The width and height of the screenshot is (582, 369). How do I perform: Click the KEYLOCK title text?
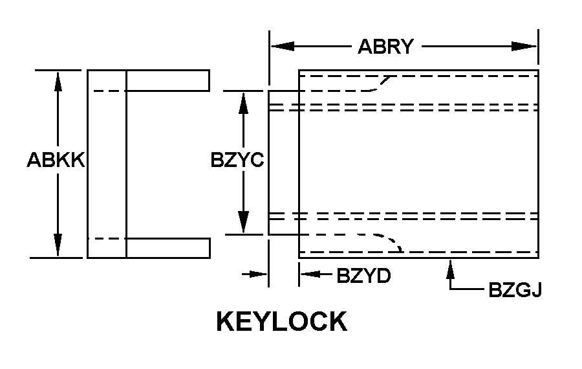point(282,322)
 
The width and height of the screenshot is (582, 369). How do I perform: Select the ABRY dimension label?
point(385,47)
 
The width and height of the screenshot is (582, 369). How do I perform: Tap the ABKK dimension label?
point(56,160)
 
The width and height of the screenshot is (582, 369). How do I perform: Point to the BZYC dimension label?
point(237,160)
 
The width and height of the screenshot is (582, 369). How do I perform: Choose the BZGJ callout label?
point(515,290)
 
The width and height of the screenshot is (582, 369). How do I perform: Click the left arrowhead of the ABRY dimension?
point(282,47)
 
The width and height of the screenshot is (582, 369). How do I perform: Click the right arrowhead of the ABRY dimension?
point(525,47)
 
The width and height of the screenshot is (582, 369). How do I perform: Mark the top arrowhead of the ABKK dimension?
point(58,81)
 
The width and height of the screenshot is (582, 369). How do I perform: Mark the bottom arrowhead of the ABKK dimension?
point(58,246)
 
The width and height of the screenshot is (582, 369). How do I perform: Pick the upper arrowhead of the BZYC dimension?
point(243,104)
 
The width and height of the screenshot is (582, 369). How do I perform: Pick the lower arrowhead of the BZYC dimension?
point(243,222)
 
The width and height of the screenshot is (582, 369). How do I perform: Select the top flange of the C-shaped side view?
point(167,80)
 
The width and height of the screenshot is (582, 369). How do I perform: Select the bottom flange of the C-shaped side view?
point(167,248)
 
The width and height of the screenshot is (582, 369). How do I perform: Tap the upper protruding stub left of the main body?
point(283,97)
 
